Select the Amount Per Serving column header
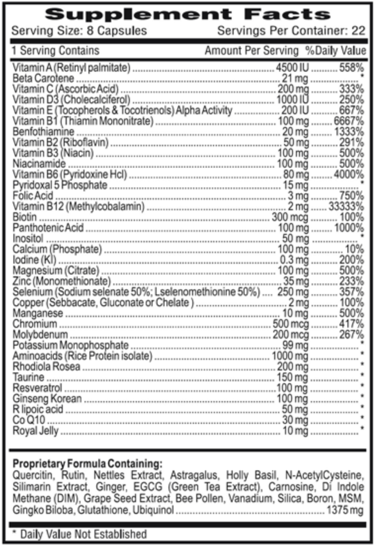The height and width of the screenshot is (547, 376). [251, 51]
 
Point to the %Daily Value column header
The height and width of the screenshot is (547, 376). [335, 51]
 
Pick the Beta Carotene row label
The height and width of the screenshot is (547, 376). [43, 78]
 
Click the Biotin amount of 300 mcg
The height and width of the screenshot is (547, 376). [290, 217]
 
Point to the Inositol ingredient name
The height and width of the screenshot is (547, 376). [28, 238]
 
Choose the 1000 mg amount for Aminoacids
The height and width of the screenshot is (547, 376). [290, 356]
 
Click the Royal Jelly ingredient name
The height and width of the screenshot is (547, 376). [37, 431]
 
